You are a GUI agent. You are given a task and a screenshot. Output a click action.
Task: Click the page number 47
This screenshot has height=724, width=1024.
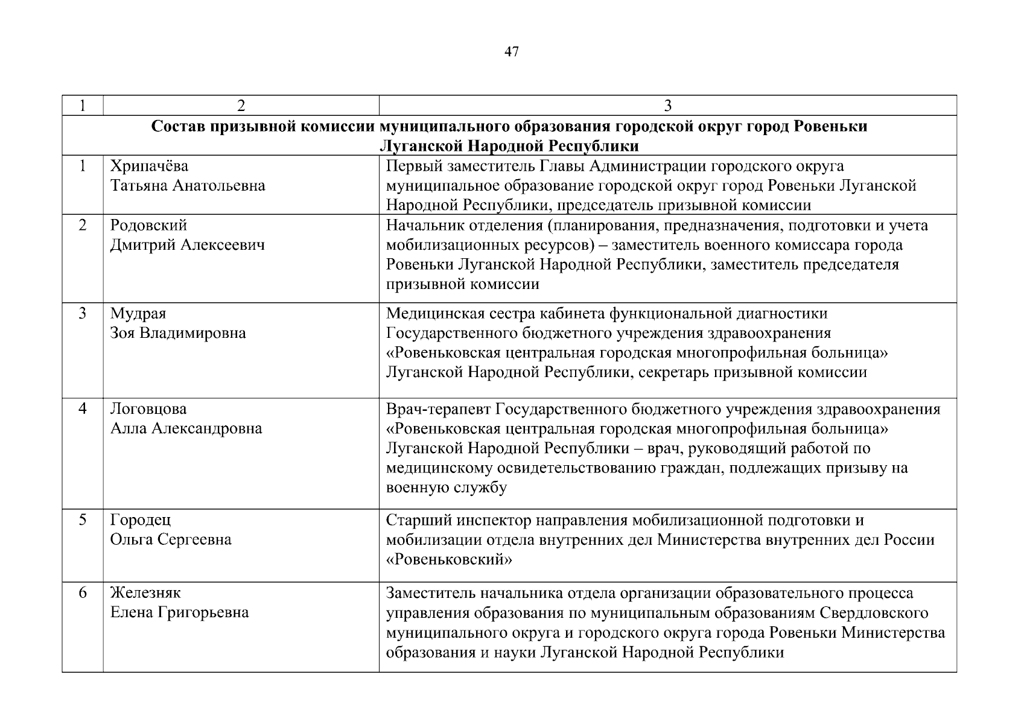coord(511,52)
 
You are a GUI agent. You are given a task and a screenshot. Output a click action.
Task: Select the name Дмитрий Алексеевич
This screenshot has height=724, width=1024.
coord(187,245)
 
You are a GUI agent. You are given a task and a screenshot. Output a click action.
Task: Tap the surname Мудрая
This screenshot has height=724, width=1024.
coord(138,314)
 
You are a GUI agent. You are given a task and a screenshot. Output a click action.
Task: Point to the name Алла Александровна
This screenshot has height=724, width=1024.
coord(186,429)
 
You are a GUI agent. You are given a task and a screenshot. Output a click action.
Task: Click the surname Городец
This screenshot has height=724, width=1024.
coord(141,520)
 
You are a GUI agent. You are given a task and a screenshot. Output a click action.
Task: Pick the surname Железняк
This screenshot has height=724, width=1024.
coord(145,593)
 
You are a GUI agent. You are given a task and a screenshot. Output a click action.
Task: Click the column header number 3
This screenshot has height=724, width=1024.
coord(667,106)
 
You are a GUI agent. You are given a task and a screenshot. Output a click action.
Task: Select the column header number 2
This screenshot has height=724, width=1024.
coord(241,106)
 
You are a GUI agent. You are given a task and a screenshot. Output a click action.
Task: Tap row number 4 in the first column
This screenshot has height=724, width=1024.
coord(83,409)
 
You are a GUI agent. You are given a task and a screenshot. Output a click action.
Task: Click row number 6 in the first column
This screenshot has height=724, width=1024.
coord(83,593)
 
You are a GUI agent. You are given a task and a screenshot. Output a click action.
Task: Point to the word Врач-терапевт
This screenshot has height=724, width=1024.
coord(438,409)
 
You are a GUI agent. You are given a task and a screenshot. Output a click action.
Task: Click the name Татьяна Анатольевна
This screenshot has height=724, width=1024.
coord(187,186)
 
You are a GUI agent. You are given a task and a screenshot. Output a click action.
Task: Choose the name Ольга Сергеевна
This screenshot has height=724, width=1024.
coord(171,539)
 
